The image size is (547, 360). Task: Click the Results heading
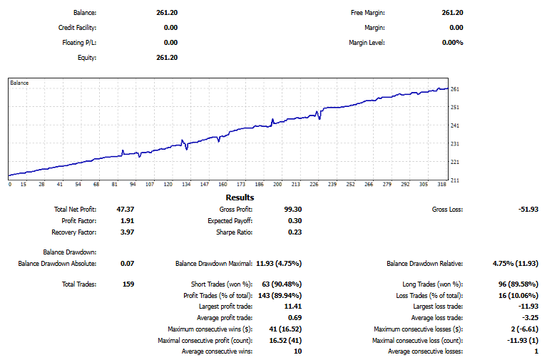click(x=240, y=197)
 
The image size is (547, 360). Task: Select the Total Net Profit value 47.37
click(x=126, y=210)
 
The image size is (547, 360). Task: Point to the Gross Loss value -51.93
click(x=528, y=210)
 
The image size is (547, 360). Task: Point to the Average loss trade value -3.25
click(x=528, y=318)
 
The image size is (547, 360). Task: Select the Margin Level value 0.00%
click(x=452, y=43)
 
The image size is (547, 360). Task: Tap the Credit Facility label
click(x=77, y=28)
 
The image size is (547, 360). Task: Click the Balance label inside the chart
click(x=19, y=83)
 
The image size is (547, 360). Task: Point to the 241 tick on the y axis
click(x=454, y=125)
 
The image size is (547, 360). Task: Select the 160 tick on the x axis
click(x=223, y=184)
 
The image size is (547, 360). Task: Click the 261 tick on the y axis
click(x=454, y=89)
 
